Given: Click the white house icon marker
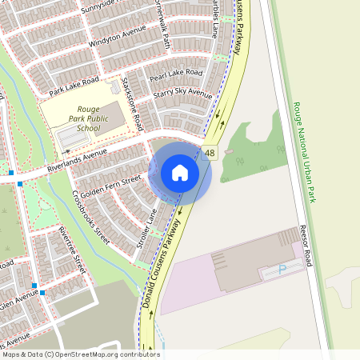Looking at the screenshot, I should [180, 172].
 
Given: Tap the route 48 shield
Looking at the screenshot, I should [210, 153].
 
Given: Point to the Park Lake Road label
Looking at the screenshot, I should [74, 86].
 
